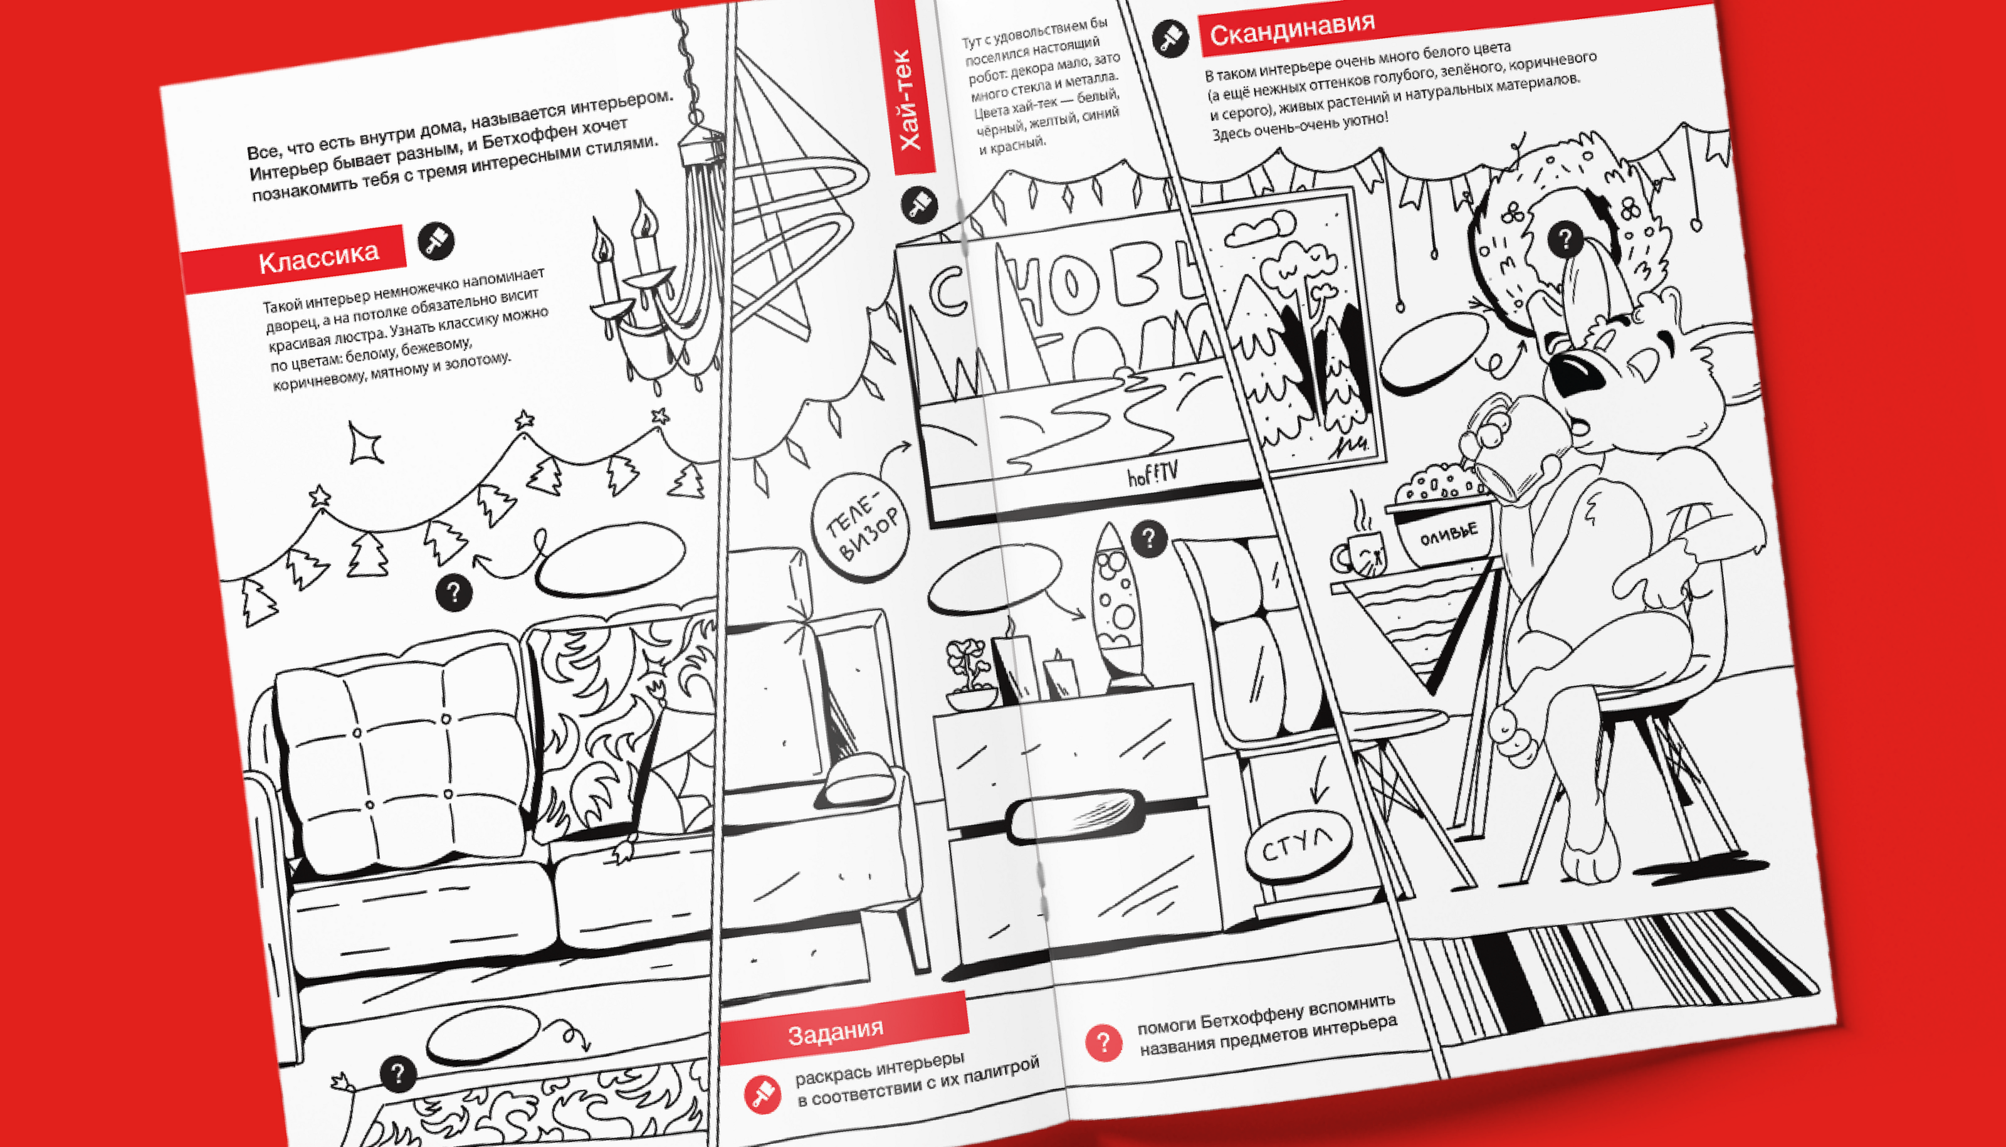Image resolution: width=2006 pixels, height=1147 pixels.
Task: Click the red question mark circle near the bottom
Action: click(x=1103, y=1042)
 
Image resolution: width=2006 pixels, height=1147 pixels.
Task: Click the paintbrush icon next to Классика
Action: click(x=436, y=241)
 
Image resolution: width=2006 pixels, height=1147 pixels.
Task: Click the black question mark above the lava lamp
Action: click(x=1148, y=539)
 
